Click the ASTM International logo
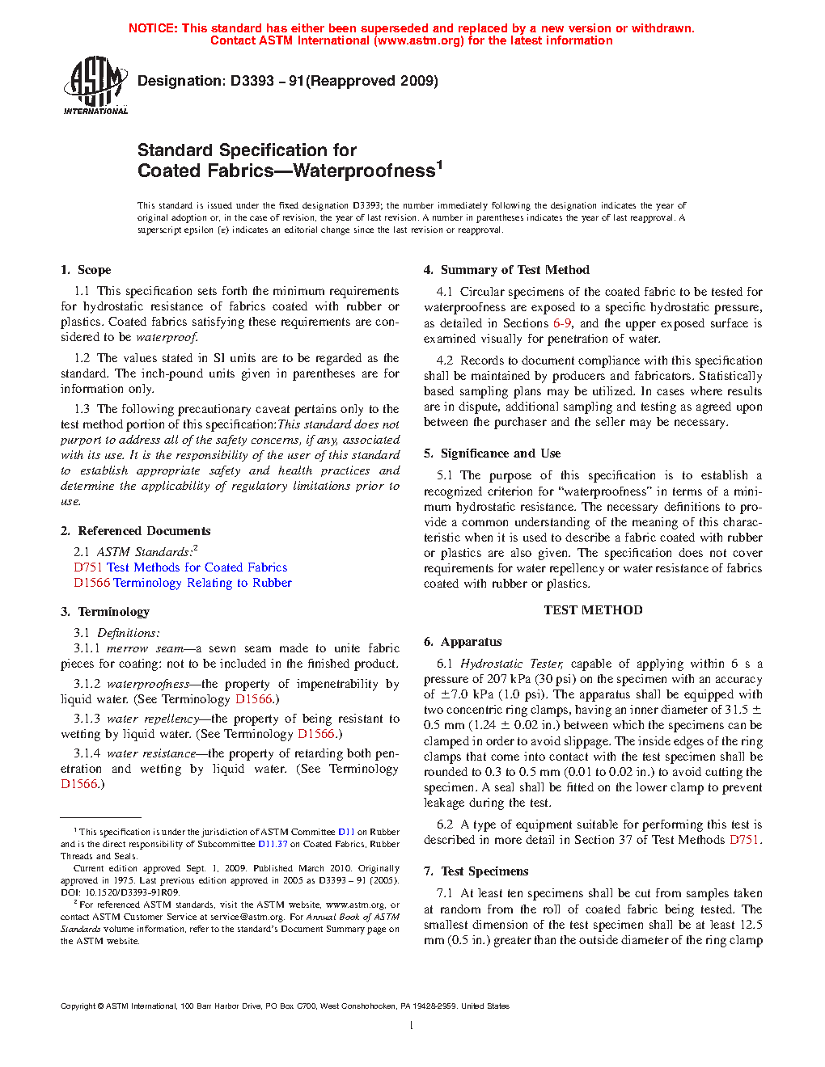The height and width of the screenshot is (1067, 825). point(95,85)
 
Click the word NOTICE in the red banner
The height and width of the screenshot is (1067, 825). point(153,28)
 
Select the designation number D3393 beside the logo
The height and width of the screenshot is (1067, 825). point(252,81)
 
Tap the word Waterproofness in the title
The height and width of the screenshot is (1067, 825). point(364,171)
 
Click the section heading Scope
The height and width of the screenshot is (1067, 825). point(95,270)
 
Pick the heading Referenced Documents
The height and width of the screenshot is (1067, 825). point(144,531)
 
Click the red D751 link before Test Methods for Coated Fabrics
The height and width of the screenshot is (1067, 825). point(88,567)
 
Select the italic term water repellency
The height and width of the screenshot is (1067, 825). point(153,719)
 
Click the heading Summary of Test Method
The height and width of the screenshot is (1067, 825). point(515,270)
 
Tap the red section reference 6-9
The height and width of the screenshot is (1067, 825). point(562,323)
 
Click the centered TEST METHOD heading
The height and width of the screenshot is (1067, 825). point(593,610)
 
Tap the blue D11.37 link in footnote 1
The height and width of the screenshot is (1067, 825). point(273,844)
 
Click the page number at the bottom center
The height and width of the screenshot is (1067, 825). point(412,1026)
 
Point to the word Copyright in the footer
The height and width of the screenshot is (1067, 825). point(78,1006)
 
